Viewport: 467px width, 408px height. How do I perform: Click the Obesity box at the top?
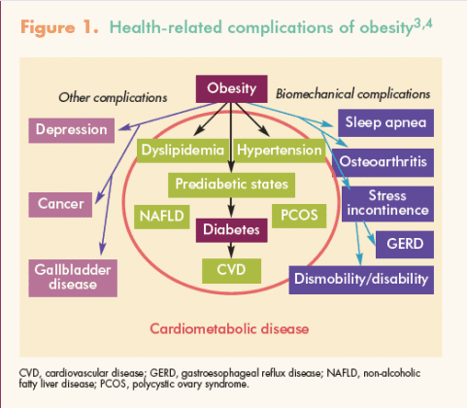[x=232, y=88]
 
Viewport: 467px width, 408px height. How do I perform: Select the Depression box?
[x=72, y=130]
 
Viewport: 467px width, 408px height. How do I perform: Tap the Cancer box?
[x=60, y=205]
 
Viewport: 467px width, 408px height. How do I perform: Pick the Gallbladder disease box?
[x=73, y=278]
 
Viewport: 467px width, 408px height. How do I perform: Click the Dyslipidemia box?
[x=183, y=151]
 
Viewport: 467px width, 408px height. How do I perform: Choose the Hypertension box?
[x=280, y=151]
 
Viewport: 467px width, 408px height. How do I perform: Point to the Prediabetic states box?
[x=231, y=185]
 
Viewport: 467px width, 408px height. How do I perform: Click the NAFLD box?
[x=162, y=217]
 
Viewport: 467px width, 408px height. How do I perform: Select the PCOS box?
[x=299, y=216]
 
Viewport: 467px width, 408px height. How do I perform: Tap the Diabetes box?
[x=232, y=230]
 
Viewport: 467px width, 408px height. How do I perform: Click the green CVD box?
[x=232, y=271]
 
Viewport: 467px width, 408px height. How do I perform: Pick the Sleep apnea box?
[x=385, y=123]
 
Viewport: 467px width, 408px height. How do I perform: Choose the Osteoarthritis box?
[x=384, y=162]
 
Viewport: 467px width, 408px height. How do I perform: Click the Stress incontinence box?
[x=387, y=204]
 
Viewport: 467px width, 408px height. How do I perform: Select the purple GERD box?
[x=405, y=245]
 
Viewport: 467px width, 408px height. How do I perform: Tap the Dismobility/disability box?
[x=361, y=280]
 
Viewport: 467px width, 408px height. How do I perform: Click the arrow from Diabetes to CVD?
[x=231, y=250]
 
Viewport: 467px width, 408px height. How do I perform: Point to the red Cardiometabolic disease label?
[x=229, y=329]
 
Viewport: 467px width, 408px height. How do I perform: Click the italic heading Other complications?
[x=113, y=98]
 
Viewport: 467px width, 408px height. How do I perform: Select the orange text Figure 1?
[x=59, y=28]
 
